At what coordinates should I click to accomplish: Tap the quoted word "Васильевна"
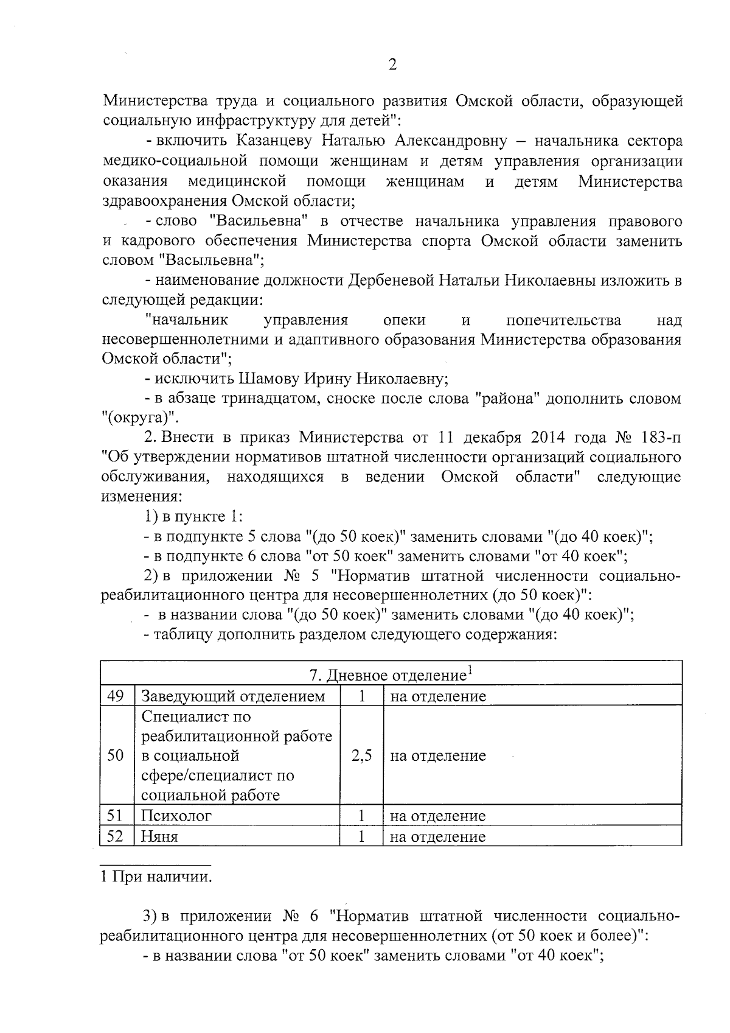pos(261,221)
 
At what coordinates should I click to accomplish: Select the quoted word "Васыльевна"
pos(211,261)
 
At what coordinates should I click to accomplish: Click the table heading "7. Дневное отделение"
pos(390,674)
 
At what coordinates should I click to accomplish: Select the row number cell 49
pos(116,696)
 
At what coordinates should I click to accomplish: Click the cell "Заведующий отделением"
pos(233,696)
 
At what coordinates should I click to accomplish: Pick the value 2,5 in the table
pos(361,755)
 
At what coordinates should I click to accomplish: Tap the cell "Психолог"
pos(176,816)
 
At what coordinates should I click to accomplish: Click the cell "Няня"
pos(160,836)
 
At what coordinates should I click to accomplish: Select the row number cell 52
pos(116,836)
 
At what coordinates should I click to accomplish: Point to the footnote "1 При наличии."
pos(157,877)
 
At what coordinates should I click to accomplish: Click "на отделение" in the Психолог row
pos(437,816)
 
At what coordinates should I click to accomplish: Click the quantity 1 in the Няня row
pos(361,836)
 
